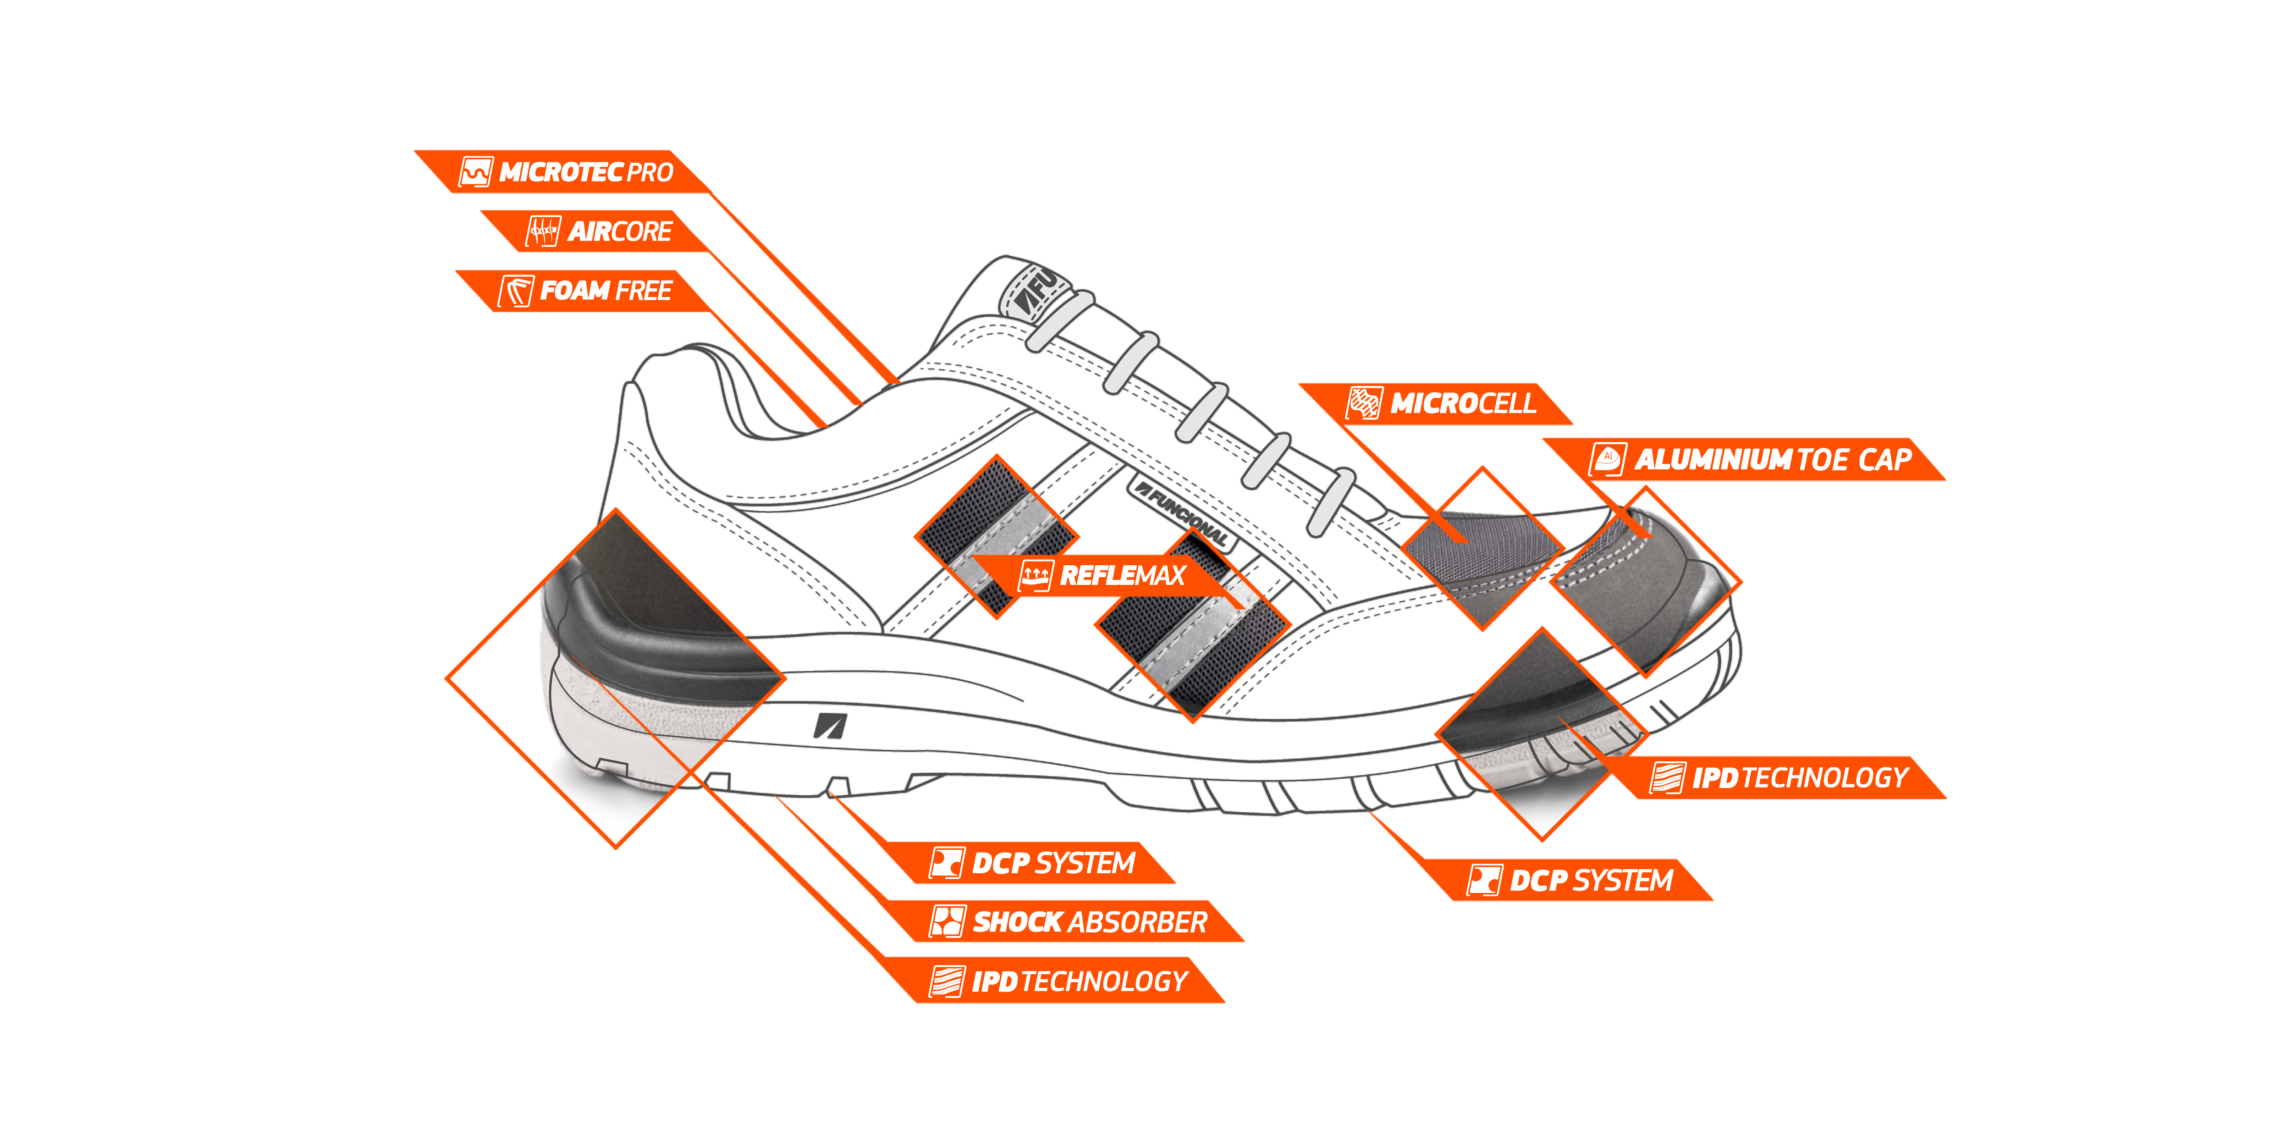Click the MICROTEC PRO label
pyautogui.click(x=584, y=172)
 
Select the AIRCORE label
pyautogui.click(x=619, y=231)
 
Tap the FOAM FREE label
pyautogui.click(x=605, y=291)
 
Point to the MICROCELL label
pyautogui.click(x=1462, y=404)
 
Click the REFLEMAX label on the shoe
pyautogui.click(x=1122, y=576)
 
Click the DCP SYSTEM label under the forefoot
pyautogui.click(x=1591, y=881)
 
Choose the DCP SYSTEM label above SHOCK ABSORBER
pyautogui.click(x=1052, y=863)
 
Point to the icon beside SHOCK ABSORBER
pyautogui.click(x=947, y=922)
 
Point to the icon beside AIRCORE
pyautogui.click(x=543, y=231)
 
